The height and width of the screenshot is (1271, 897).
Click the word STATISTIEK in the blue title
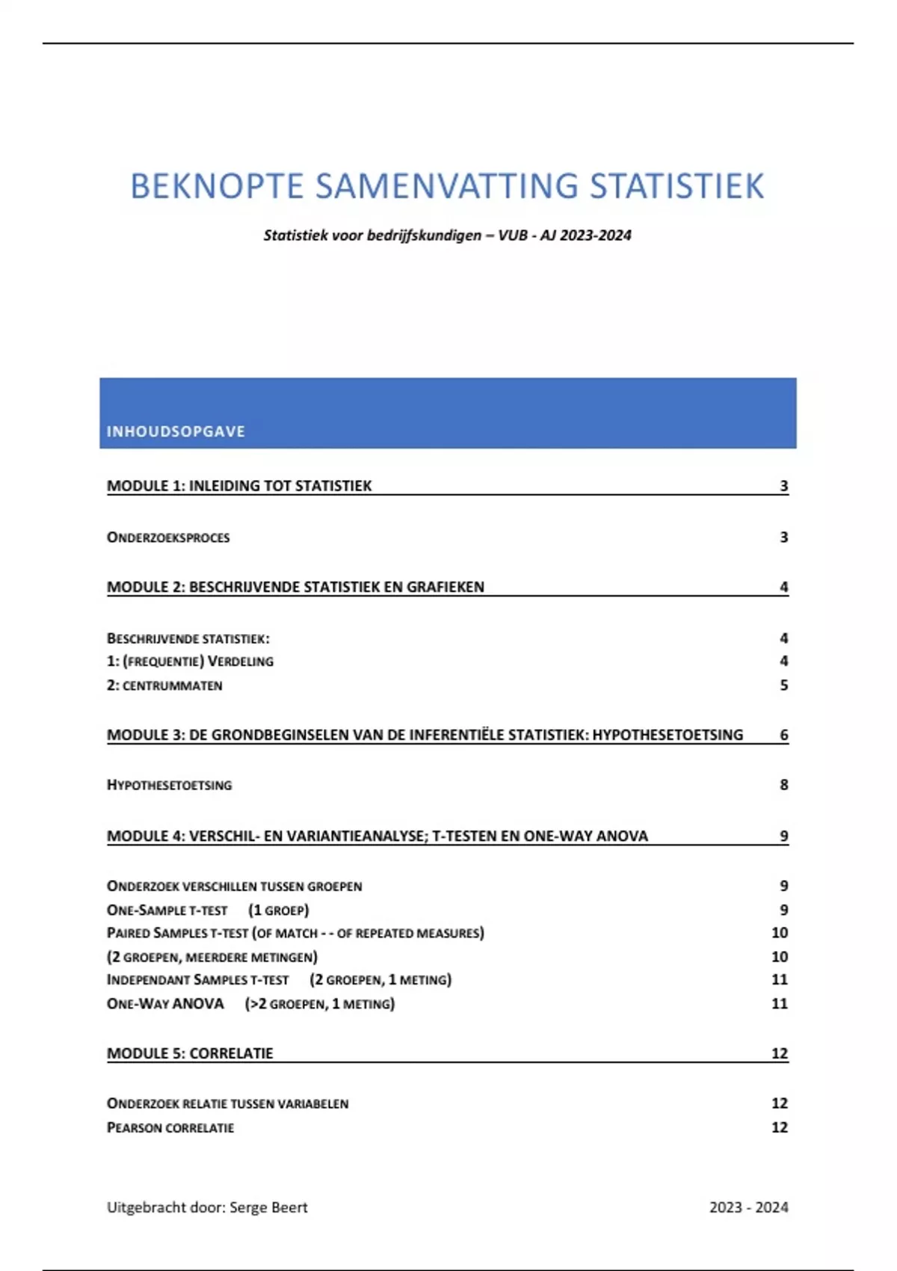pos(676,186)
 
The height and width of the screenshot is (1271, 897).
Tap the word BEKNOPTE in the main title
pos(217,186)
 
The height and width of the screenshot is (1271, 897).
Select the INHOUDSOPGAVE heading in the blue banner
pos(176,431)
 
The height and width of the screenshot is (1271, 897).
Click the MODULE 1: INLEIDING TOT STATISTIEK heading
pos(239,486)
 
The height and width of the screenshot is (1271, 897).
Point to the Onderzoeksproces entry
pos(168,538)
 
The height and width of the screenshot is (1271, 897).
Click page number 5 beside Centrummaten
pos(783,686)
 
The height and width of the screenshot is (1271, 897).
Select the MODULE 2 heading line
pos(295,587)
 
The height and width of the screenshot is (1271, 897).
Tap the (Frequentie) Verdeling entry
pos(191,662)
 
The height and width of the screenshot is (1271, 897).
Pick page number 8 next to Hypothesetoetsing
pos(783,785)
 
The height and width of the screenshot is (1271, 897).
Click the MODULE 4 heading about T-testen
pos(377,836)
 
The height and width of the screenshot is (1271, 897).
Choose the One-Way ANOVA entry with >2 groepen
pos(250,1003)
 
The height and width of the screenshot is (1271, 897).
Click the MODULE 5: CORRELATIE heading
pos(190,1053)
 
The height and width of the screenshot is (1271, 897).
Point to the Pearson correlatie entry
pos(170,1127)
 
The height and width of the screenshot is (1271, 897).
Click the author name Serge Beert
pos(268,1207)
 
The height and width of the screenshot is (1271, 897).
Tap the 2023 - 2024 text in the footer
pos(748,1207)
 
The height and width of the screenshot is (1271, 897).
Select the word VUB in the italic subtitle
pos(513,236)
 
